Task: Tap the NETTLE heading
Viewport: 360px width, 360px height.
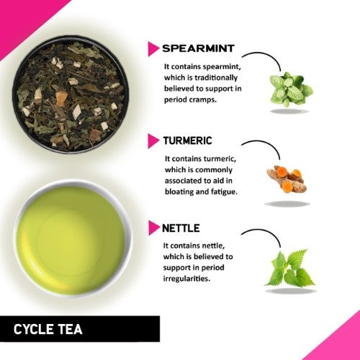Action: point(182,228)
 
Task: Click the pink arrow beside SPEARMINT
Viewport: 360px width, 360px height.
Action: point(153,49)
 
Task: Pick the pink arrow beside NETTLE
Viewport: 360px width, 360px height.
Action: point(153,228)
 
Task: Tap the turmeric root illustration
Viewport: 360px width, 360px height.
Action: point(286,179)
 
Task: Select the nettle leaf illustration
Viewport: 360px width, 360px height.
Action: point(289,269)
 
